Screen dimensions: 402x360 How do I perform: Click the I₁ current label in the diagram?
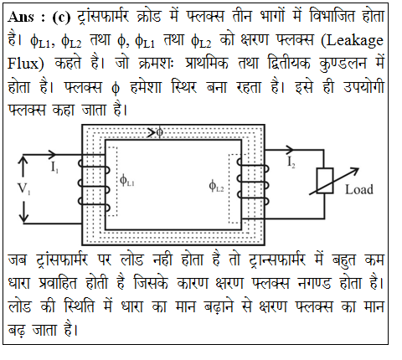click(54, 167)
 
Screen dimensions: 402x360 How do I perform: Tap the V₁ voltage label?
click(24, 188)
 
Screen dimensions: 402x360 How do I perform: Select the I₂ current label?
click(291, 162)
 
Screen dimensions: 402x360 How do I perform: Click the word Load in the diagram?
click(359, 189)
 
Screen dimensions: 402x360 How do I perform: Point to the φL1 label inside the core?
click(127, 180)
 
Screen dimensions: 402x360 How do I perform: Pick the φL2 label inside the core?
click(216, 186)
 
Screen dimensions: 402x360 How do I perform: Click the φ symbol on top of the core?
click(159, 132)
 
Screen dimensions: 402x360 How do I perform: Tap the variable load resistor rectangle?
click(325, 181)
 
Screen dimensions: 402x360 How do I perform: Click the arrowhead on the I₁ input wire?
click(52, 154)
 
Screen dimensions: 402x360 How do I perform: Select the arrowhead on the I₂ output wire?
click(290, 150)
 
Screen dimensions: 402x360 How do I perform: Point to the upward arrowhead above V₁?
click(23, 160)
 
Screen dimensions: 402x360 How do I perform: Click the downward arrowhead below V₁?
click(24, 219)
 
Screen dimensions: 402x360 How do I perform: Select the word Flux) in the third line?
click(26, 64)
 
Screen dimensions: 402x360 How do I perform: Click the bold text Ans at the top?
click(21, 17)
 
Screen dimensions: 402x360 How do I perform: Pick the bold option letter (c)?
click(61, 18)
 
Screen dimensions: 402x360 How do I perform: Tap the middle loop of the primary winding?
click(94, 187)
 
